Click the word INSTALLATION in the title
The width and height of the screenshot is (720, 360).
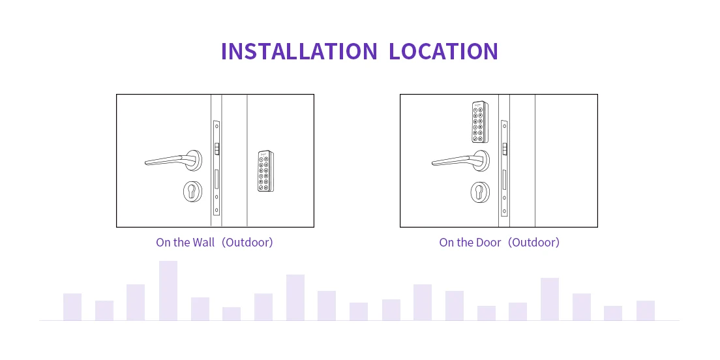(x=299, y=52)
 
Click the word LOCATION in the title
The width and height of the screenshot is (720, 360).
(x=443, y=52)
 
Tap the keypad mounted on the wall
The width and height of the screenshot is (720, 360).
(x=265, y=171)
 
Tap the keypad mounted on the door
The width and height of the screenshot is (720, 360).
(x=479, y=122)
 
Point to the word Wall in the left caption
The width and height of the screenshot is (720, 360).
(x=203, y=243)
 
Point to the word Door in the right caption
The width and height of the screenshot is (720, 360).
(x=489, y=243)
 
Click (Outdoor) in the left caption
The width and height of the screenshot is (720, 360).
(x=247, y=243)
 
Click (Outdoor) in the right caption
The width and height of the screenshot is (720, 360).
(x=533, y=243)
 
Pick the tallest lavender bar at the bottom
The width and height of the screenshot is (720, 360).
(x=168, y=290)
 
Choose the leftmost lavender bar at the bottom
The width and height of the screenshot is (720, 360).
(x=72, y=307)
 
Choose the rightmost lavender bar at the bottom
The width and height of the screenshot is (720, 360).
(x=646, y=310)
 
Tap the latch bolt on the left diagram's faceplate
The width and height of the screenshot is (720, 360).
(x=217, y=149)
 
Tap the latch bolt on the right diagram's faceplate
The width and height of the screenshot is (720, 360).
(x=504, y=149)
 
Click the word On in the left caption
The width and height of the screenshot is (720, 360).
(x=163, y=243)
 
